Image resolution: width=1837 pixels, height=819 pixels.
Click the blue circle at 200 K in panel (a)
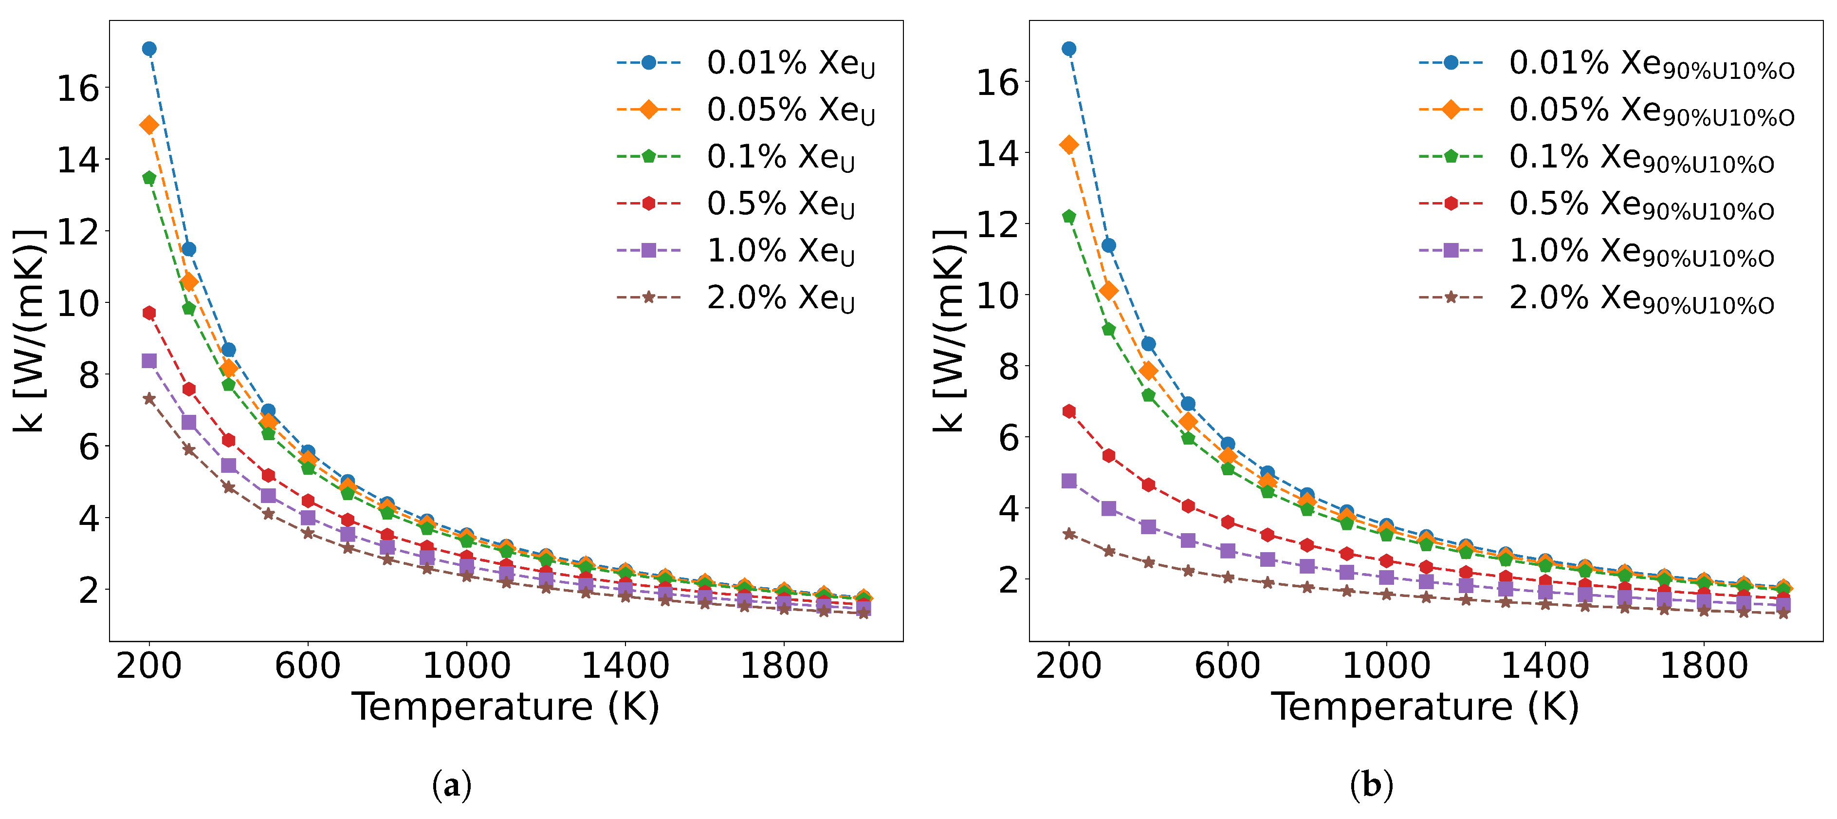pos(149,49)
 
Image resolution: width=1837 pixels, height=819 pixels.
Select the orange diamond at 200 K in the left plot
pos(149,125)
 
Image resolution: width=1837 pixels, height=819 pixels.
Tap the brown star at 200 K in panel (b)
pos(1068,534)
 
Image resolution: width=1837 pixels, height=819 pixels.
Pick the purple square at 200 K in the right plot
pos(1068,481)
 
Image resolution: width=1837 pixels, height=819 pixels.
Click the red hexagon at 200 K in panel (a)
pos(149,313)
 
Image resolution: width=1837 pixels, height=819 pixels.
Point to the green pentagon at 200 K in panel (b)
pos(1068,216)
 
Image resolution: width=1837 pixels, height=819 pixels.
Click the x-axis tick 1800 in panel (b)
pos(1704,666)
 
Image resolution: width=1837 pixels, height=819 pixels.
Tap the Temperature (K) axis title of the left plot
pos(506,707)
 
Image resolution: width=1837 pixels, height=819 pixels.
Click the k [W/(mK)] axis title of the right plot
pos(949,330)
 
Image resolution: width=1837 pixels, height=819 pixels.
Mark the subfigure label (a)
pos(451,785)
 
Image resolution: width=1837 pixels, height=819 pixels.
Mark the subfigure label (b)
pos(1371,785)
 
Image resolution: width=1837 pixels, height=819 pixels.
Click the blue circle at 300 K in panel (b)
pos(1108,245)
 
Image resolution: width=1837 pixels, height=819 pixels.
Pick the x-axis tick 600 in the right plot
pos(1227,666)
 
